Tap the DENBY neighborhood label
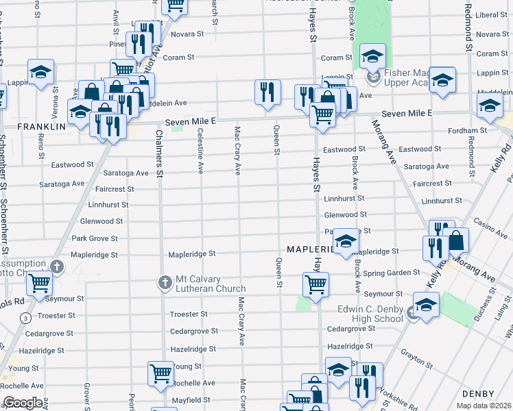(x=477, y=393)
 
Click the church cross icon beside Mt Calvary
(x=165, y=282)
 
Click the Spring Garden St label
(x=392, y=273)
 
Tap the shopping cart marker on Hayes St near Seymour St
(x=315, y=284)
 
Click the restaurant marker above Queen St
(x=267, y=91)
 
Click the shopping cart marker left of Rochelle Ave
(x=160, y=373)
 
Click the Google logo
(x=23, y=403)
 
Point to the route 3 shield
(x=25, y=318)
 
